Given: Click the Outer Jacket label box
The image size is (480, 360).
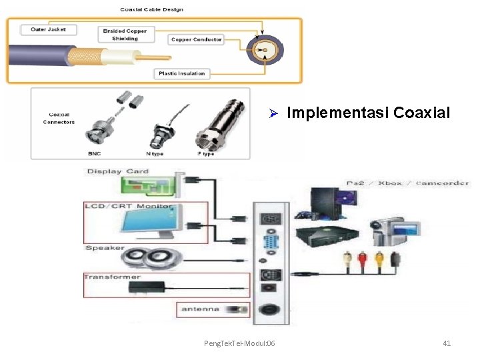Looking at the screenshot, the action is click(x=48, y=29).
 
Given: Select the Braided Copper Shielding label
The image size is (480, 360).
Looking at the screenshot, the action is click(x=125, y=35).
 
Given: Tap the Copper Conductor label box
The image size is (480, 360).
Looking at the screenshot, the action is click(x=196, y=39).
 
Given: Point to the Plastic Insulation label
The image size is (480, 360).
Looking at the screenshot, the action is click(x=181, y=73).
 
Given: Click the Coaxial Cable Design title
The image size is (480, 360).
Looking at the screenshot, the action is click(x=151, y=9).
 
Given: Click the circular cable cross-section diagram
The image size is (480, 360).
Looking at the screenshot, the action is click(x=265, y=50).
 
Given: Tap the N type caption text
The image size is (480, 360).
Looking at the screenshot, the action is click(x=155, y=154).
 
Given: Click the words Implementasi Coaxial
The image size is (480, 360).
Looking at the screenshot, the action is click(x=368, y=113).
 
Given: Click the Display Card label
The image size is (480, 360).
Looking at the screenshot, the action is click(x=118, y=171).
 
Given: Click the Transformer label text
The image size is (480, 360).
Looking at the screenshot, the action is click(x=113, y=277).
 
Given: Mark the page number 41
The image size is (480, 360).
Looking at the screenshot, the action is click(x=447, y=343).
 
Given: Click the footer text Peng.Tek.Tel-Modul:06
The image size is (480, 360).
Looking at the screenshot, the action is click(x=239, y=343).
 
